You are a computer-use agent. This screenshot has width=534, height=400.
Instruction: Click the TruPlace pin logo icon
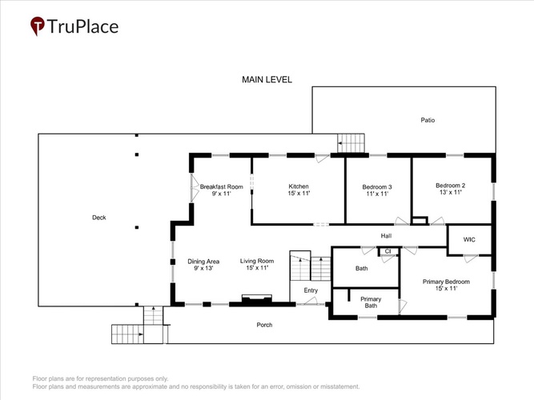point(37,26)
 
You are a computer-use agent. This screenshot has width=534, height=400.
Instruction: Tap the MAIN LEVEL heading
point(267,80)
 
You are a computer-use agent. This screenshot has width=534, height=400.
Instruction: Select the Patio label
point(428,120)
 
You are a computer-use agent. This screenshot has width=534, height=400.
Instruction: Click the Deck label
point(99,218)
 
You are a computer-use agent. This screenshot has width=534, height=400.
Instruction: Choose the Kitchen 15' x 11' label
point(299,190)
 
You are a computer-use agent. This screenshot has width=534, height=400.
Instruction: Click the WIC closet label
point(469,240)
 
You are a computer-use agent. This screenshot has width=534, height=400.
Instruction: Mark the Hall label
point(386,235)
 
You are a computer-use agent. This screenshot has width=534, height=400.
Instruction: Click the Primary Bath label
point(371,302)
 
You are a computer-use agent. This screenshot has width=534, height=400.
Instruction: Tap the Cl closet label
point(387,251)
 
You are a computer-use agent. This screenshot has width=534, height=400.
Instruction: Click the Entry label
point(311,290)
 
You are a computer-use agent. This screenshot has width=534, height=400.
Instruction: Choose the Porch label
point(264,325)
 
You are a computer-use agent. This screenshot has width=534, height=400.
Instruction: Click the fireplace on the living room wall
point(257,298)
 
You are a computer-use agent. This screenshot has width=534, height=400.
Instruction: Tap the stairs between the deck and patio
point(351,143)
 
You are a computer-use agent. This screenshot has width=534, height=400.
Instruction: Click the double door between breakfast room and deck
point(194,187)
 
